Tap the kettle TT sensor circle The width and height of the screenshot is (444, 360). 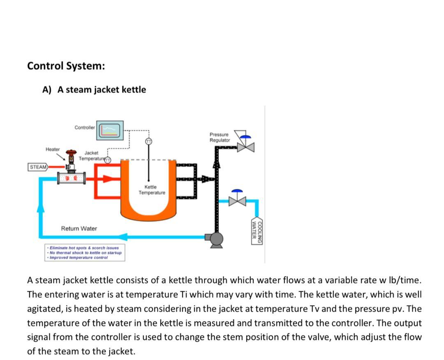pos(148,141)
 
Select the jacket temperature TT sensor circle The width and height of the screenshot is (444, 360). pos(108,160)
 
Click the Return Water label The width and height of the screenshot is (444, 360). pos(79,228)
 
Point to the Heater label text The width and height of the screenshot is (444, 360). pos(53,149)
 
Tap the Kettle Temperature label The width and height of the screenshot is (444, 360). pos(152,190)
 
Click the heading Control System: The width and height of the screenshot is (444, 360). pos(66,66)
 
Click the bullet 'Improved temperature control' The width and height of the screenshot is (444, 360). pos(78,258)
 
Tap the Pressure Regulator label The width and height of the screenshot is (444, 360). pos(219,137)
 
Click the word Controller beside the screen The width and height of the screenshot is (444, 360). pos(85,127)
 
